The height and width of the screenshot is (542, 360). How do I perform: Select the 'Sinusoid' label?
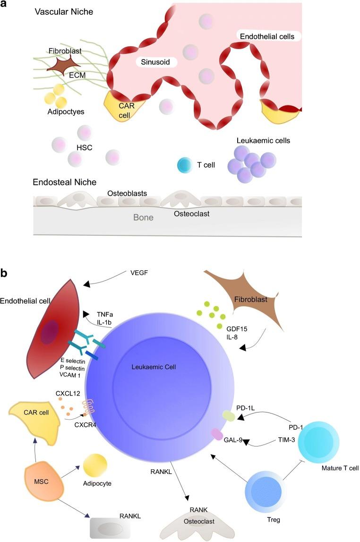(154, 62)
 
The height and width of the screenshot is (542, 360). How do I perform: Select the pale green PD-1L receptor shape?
(228, 416)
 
